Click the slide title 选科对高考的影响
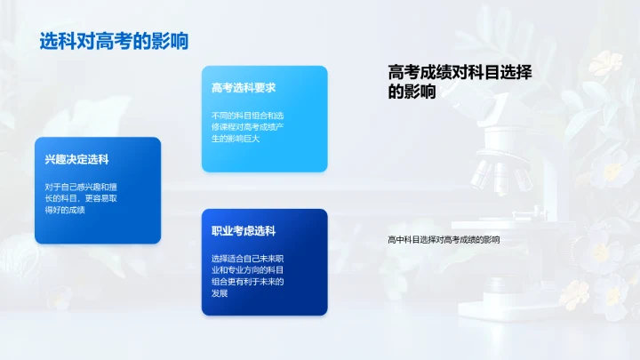(x=113, y=42)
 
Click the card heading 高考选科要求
(x=244, y=88)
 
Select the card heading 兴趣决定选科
(x=76, y=160)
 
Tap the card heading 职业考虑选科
(x=244, y=231)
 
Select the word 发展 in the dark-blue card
(x=220, y=292)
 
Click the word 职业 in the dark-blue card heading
(x=222, y=231)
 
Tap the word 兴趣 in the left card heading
(x=55, y=160)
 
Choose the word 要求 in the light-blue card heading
(x=265, y=88)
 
